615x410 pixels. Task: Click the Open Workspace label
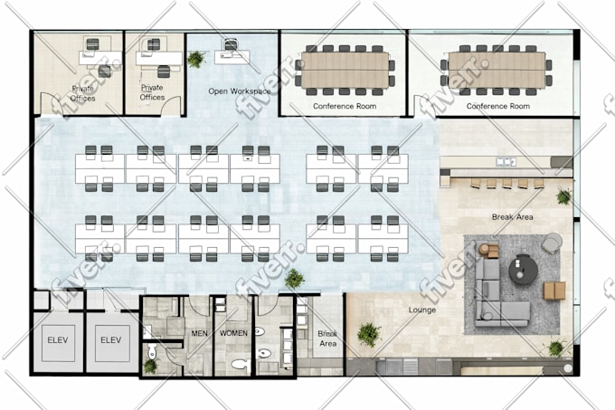tap(240, 91)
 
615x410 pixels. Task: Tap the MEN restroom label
tap(199, 333)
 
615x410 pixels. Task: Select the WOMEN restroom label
tap(233, 333)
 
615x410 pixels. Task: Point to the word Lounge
tap(422, 310)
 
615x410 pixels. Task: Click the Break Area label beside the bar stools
tap(512, 217)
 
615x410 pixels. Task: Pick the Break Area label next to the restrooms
tap(327, 338)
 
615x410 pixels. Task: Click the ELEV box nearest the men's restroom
tap(111, 340)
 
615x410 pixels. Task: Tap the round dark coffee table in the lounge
tap(524, 269)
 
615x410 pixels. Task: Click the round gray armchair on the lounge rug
tap(552, 243)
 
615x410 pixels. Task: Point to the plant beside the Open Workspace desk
tap(195, 59)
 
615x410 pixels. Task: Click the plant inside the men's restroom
tap(150, 366)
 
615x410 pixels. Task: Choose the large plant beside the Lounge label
tap(369, 335)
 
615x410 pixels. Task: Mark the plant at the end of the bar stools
tap(564, 196)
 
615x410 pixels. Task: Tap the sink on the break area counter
tap(506, 161)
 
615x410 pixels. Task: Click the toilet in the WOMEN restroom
tap(241, 364)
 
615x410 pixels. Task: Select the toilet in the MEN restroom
tap(152, 352)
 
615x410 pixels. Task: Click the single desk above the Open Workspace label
tap(232, 56)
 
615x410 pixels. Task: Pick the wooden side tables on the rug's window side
tap(554, 291)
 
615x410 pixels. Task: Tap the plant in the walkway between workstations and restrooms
tap(294, 279)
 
